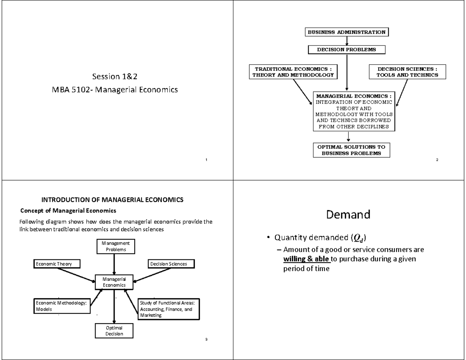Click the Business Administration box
347,32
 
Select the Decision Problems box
346,50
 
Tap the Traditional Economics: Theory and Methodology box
293,72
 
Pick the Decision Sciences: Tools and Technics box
407,72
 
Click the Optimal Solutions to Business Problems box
351,150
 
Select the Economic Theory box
57,264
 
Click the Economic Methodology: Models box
61,306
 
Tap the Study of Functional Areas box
169,309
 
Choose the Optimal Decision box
114,330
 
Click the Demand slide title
348,214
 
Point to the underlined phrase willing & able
306,259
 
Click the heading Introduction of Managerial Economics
112,200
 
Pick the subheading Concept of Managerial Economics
68,211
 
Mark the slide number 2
437,160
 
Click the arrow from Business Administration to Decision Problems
346,41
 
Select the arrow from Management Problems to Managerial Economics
114,264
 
